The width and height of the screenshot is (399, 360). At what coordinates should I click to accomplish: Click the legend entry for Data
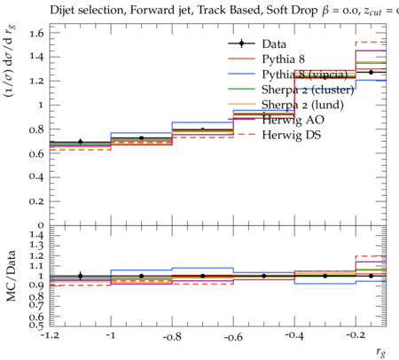pyautogui.click(x=274, y=44)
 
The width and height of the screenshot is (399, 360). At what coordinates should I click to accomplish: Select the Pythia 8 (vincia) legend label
pyautogui.click(x=305, y=74)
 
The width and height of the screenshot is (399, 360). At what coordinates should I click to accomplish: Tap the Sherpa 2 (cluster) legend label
pyautogui.click(x=308, y=90)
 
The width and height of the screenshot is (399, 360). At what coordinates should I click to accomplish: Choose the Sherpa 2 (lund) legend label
pyautogui.click(x=302, y=105)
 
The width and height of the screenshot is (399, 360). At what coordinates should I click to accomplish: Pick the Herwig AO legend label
pyautogui.click(x=293, y=120)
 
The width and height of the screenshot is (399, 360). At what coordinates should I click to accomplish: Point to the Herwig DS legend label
pyautogui.click(x=292, y=135)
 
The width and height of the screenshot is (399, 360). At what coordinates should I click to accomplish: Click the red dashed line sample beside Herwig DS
pyautogui.click(x=241, y=135)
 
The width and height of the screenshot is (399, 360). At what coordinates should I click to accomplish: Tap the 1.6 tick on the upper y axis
pyautogui.click(x=36, y=33)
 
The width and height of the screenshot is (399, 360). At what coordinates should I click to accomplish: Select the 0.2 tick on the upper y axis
pyautogui.click(x=36, y=201)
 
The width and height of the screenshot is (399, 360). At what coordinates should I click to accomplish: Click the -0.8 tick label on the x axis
pyautogui.click(x=172, y=336)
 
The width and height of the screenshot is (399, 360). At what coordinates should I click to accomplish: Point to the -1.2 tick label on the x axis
pyautogui.click(x=51, y=335)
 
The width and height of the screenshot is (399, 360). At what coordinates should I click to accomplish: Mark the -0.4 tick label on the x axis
pyautogui.click(x=294, y=336)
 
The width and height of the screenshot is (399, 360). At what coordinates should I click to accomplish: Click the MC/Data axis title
pyautogui.click(x=12, y=276)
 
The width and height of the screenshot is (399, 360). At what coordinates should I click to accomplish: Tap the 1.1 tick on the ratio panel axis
pyautogui.click(x=36, y=266)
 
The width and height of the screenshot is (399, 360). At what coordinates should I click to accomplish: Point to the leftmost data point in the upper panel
pyautogui.click(x=81, y=142)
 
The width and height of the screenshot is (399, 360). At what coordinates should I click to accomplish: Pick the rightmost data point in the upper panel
pyautogui.click(x=371, y=72)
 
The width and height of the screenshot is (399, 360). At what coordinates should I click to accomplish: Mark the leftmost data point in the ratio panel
pyautogui.click(x=81, y=276)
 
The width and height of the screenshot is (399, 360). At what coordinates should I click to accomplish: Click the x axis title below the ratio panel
pyautogui.click(x=381, y=352)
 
